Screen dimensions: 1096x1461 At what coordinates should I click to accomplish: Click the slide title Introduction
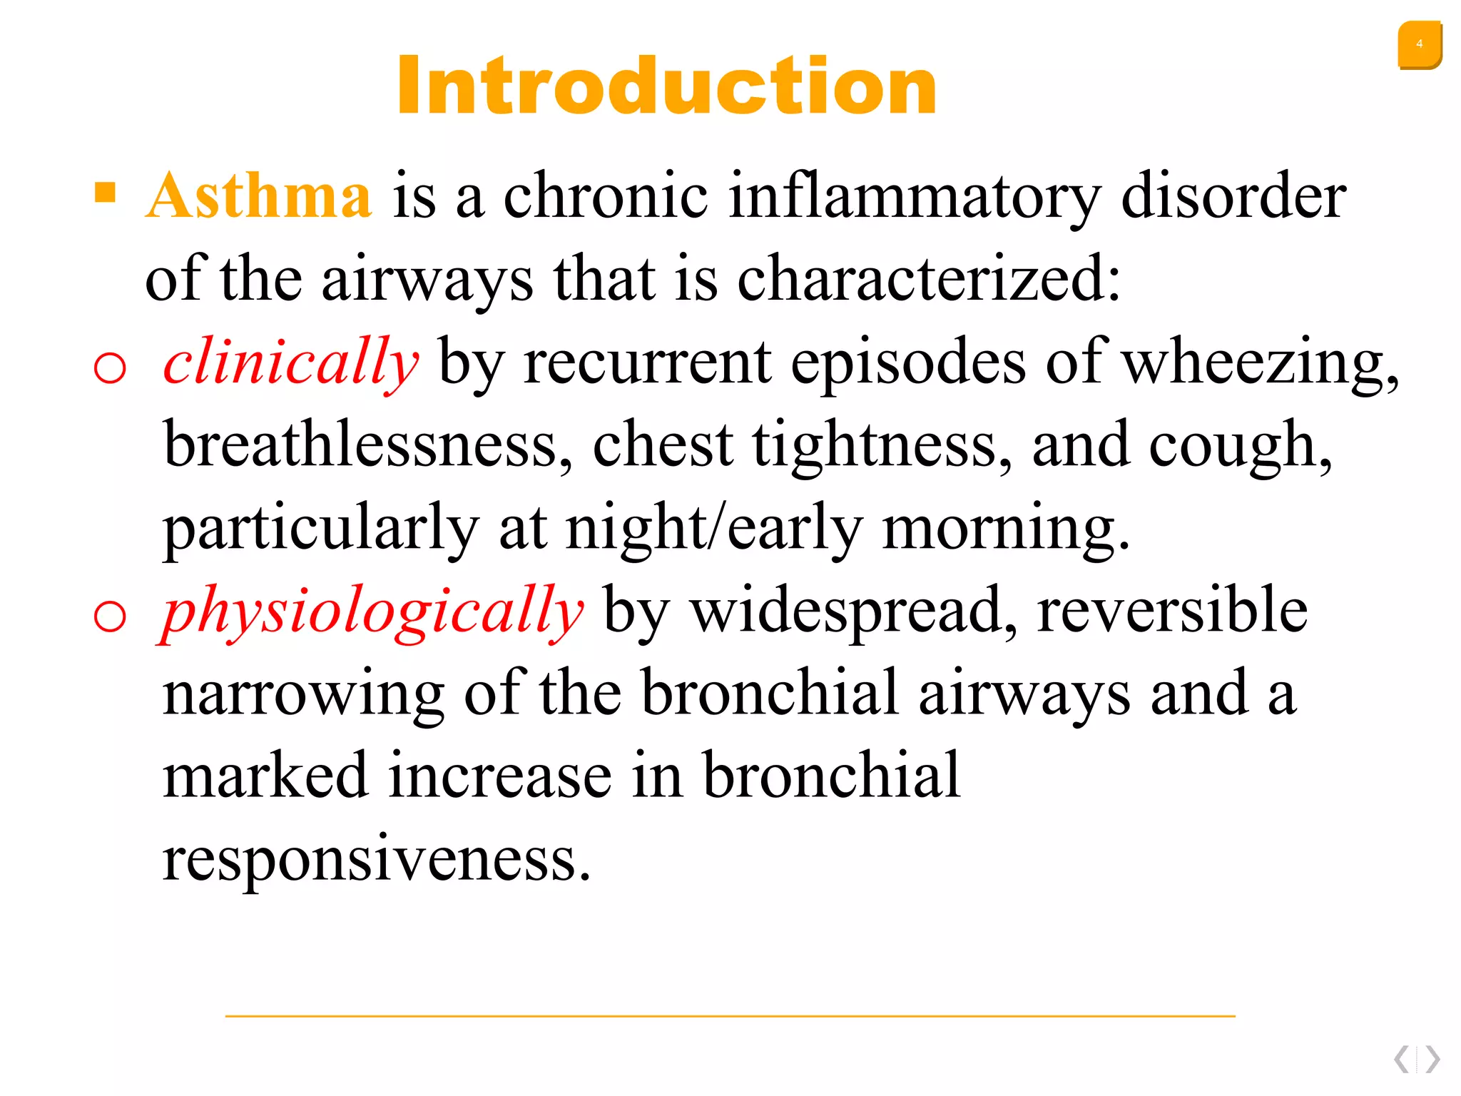click(x=667, y=86)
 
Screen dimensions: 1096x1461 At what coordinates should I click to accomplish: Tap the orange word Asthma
click(x=258, y=196)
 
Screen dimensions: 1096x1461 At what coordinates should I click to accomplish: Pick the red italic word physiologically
click(x=372, y=611)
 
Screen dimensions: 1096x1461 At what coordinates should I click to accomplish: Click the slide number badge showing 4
click(x=1419, y=45)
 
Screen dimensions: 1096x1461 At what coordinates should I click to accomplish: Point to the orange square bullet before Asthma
click(x=105, y=193)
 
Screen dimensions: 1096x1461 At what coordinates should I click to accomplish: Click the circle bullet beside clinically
click(x=110, y=368)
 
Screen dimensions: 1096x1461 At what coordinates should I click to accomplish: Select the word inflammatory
click(x=915, y=197)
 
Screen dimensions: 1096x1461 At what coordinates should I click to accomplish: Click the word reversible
click(x=1172, y=611)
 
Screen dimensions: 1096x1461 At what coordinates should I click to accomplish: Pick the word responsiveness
click(x=376, y=859)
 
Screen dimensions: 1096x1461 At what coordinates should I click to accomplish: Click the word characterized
click(x=928, y=278)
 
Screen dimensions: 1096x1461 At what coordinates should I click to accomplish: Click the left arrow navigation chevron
click(x=1402, y=1059)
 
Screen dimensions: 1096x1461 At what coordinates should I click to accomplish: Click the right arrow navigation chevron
click(x=1432, y=1059)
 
